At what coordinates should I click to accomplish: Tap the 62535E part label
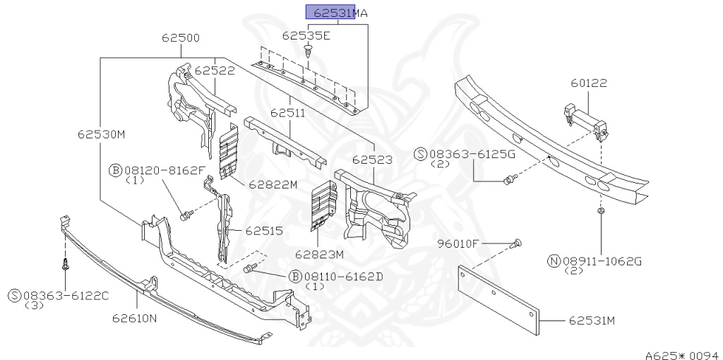(306, 35)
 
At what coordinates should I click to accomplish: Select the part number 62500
(180, 38)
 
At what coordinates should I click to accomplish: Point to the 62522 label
(215, 71)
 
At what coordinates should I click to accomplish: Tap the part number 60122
(589, 83)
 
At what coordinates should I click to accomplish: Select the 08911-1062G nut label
(599, 261)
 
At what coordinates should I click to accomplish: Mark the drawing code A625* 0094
(681, 350)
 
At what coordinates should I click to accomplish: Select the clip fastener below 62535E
(309, 50)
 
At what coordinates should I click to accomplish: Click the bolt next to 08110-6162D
(251, 269)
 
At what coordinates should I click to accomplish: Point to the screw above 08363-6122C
(64, 265)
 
